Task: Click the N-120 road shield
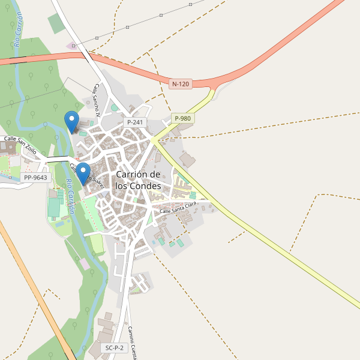180,85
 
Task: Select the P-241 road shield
135,122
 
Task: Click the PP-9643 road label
35,178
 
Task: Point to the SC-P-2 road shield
114,348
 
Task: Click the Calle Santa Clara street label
178,208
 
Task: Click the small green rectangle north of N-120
55,24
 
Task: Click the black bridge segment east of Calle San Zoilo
58,158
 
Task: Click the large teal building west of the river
54,207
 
